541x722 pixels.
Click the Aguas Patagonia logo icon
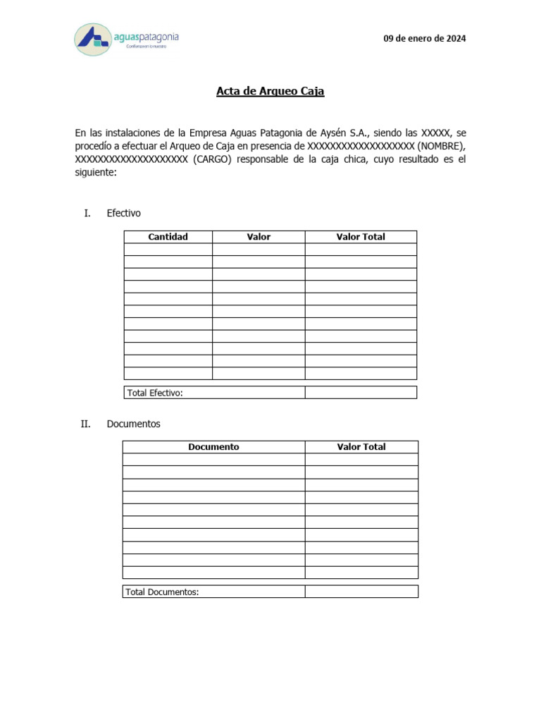(92, 39)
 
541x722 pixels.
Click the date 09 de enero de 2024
(424, 39)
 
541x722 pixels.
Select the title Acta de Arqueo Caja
(270, 92)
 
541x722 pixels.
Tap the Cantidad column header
(168, 237)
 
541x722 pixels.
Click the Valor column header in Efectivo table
(259, 237)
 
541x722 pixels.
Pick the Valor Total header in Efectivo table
(361, 237)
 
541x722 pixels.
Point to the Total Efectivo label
(155, 393)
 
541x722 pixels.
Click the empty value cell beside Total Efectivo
(361, 393)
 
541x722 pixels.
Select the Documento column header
(213, 447)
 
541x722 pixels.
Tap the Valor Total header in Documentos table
(361, 447)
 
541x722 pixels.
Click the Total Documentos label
(163, 592)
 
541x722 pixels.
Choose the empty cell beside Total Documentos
(361, 592)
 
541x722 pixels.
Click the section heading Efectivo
(124, 213)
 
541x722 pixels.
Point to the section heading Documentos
(134, 424)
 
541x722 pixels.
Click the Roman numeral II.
(86, 424)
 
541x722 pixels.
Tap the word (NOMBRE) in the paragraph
(441, 146)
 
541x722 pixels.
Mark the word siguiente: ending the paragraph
(97, 173)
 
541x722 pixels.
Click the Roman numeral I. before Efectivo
(87, 213)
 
